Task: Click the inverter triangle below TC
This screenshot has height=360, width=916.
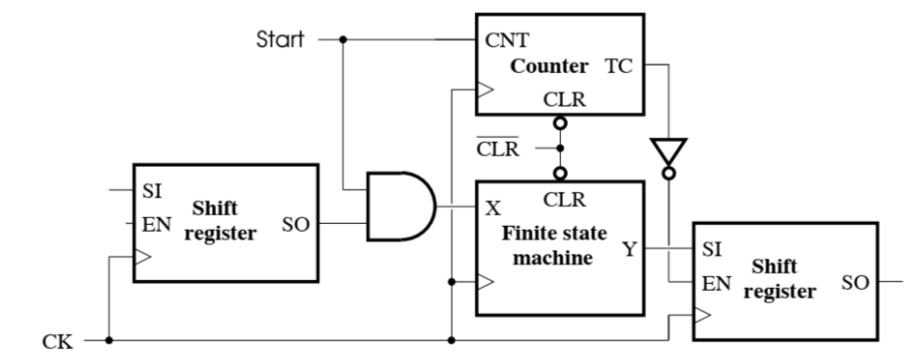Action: [x=670, y=150]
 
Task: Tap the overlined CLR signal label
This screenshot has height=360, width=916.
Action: [x=499, y=151]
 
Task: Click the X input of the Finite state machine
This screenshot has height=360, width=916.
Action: [x=492, y=209]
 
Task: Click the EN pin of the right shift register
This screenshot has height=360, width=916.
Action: [x=715, y=281]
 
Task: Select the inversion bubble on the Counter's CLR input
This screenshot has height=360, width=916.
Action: [x=560, y=125]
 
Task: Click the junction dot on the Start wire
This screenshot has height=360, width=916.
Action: [x=342, y=40]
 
